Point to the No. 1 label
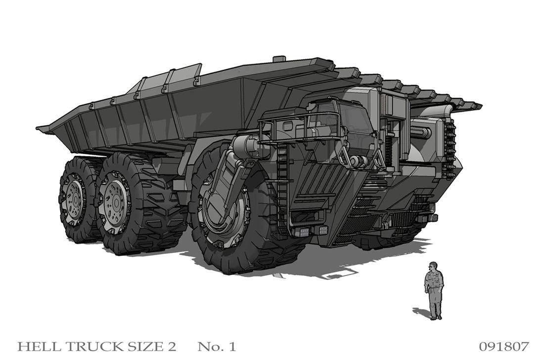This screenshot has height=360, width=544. tap(217, 346)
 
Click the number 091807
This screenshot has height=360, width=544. tap(504, 346)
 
